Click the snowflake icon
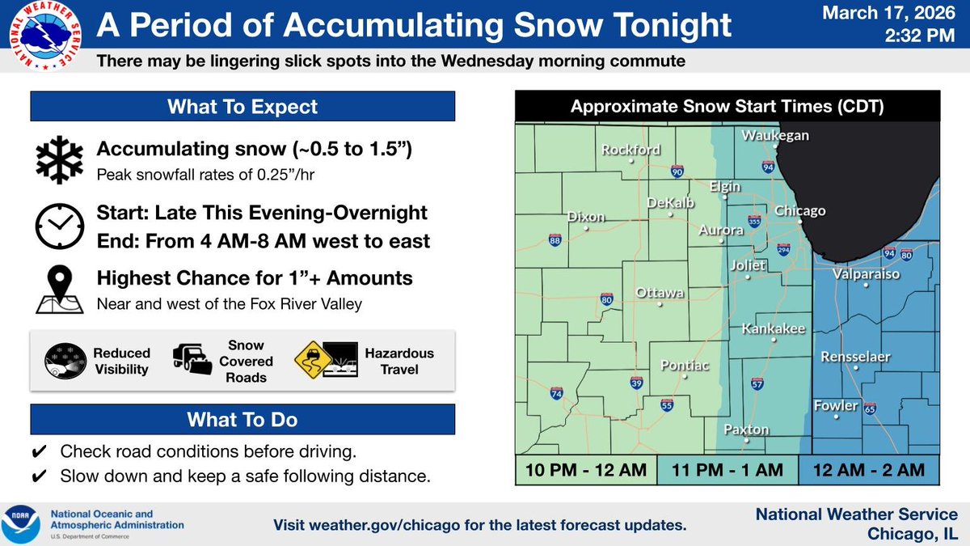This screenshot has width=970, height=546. (58, 159)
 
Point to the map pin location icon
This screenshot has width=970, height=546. (58, 288)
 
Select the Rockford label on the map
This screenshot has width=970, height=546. (630, 150)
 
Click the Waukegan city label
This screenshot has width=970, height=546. (775, 135)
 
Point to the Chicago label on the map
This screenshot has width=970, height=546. (799, 211)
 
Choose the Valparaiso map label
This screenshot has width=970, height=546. (867, 274)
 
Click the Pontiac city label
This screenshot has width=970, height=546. (685, 366)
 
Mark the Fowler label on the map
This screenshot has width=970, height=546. (835, 405)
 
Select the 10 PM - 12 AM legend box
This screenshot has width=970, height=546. (586, 469)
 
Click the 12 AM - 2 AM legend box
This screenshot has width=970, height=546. (868, 469)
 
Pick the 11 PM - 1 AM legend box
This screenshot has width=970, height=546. (727, 469)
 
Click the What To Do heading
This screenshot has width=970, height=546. (242, 420)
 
